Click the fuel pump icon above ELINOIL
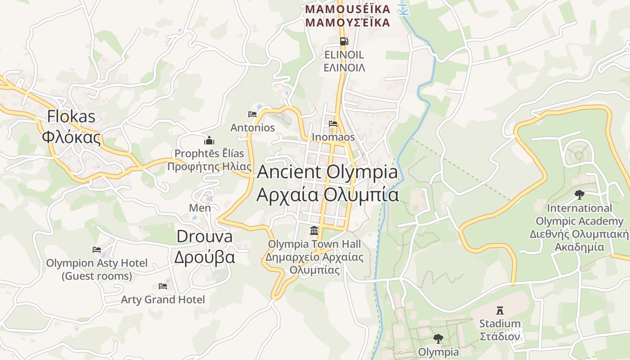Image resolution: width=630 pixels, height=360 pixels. [344, 41]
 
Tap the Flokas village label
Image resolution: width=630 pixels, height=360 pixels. [72, 117]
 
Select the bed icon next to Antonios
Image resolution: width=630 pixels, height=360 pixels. [252, 114]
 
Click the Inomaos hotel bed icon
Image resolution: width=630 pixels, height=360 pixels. [333, 124]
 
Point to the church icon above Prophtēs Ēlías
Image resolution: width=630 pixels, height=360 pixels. [209, 140]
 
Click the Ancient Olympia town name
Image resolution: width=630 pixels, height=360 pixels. [328, 172]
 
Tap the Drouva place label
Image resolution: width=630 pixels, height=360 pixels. [205, 237]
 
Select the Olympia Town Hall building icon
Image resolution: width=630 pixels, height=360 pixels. [314, 231]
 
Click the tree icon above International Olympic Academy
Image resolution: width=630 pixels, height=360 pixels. [580, 194]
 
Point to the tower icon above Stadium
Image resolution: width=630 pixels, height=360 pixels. [499, 310]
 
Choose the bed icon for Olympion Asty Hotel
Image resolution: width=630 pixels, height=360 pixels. [97, 250]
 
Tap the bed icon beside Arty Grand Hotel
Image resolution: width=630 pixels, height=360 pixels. [163, 286]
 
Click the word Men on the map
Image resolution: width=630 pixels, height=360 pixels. [200, 208]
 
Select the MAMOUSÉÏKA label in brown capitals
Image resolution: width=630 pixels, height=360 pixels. [346, 9]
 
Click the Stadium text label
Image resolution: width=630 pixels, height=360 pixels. [499, 324]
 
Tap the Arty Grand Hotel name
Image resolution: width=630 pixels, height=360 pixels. [163, 300]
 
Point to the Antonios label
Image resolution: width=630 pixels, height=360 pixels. [252, 128]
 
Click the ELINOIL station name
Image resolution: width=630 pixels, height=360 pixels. [344, 55]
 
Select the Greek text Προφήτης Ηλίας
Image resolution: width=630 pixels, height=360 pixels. [209, 167]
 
